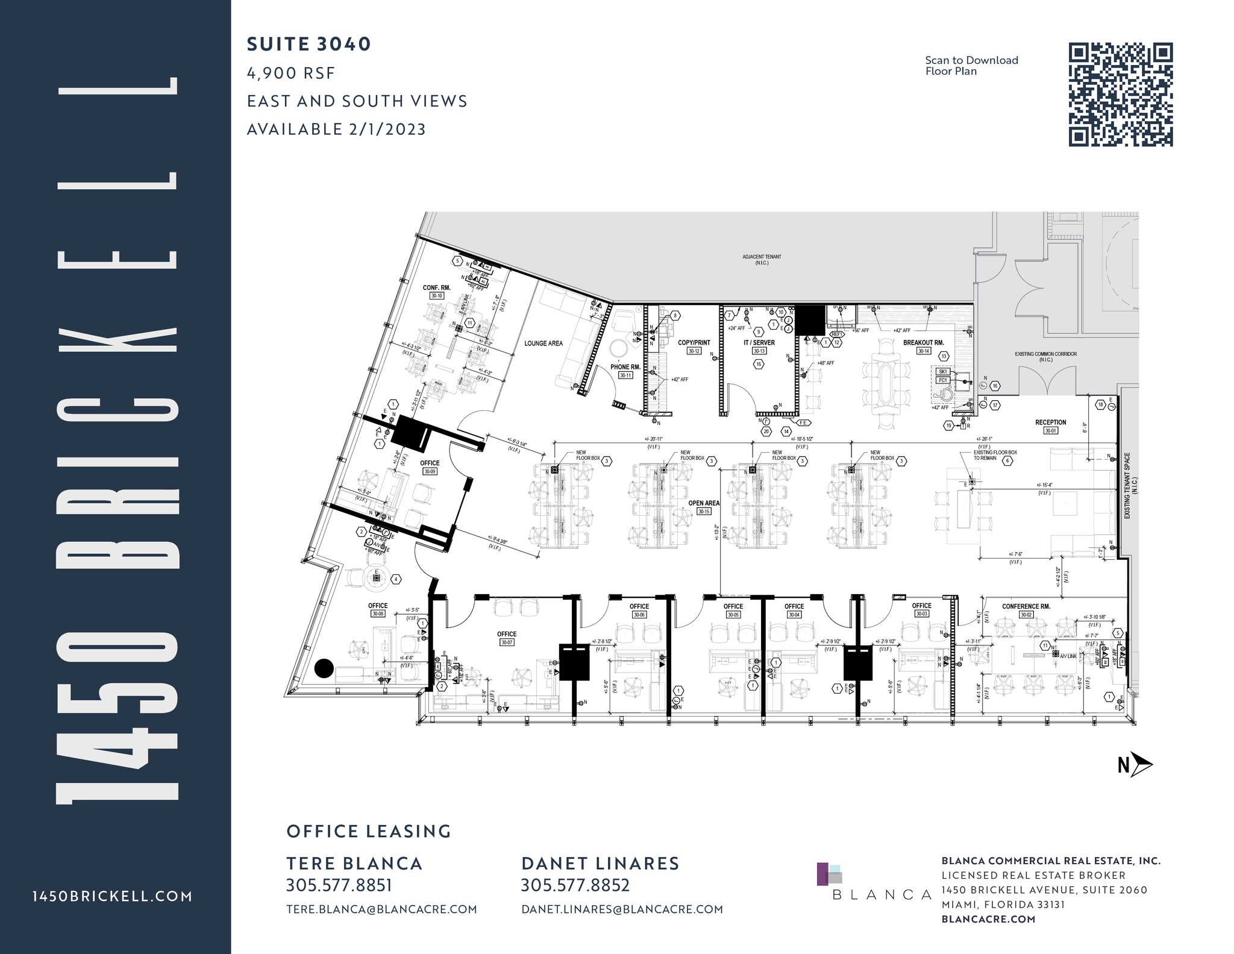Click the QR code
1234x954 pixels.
pos(1120,95)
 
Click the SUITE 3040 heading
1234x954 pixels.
pos(309,44)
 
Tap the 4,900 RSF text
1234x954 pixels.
pos(290,73)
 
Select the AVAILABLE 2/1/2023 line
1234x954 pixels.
pos(336,129)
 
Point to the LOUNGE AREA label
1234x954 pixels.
pos(543,343)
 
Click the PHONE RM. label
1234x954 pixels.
pos(625,366)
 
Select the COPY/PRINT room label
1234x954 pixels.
pos(694,342)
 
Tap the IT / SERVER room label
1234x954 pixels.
pos(759,342)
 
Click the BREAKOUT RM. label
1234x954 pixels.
pos(923,342)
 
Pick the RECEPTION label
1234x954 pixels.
pos(1050,422)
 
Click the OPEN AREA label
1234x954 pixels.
pos(703,503)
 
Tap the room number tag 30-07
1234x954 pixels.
pos(506,642)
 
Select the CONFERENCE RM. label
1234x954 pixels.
pos(1026,606)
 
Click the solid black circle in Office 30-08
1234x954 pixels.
pos(324,668)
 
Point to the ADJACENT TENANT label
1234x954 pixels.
pos(762,257)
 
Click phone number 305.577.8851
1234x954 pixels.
pos(339,885)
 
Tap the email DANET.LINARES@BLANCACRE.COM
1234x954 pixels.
pos(622,909)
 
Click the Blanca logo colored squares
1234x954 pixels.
pos(828,873)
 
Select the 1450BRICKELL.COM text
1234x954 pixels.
pos(113,896)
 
